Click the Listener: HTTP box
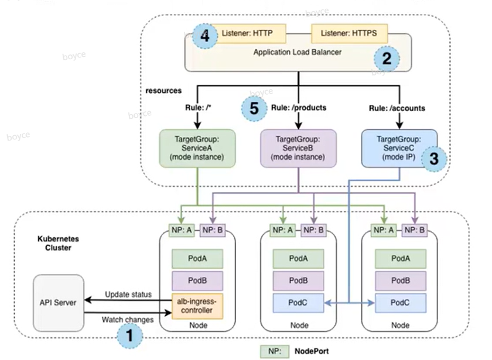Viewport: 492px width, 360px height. (x=248, y=34)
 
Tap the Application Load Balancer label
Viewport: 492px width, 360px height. (x=298, y=53)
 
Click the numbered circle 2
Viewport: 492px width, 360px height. (x=387, y=59)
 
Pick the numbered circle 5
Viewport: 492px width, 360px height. (x=254, y=108)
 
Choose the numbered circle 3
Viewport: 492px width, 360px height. (x=433, y=158)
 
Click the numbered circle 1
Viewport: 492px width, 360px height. (x=129, y=336)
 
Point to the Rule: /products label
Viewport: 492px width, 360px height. (x=299, y=108)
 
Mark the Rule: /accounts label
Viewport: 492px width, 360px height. (x=397, y=108)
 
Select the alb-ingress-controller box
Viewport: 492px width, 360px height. (x=197, y=306)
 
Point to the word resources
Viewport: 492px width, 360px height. (x=163, y=91)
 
